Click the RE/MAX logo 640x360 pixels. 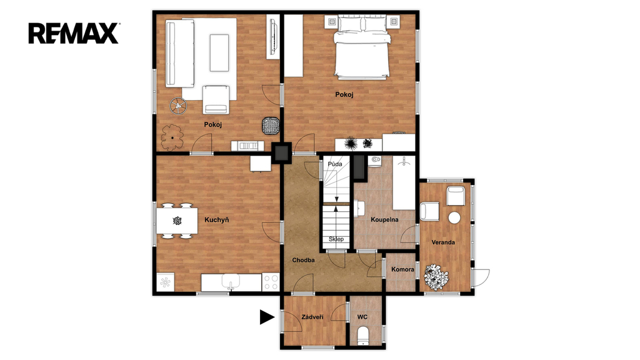74,33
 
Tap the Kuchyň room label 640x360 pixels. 216,220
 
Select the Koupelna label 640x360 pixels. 384,219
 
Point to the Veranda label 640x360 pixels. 443,242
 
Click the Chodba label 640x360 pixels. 303,260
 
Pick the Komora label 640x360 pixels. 402,269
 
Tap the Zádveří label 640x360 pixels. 312,317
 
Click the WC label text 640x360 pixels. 362,317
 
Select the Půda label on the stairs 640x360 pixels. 335,164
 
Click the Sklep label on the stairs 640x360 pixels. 336,239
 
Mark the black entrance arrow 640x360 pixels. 267,317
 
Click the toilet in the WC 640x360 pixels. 363,336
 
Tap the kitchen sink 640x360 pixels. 231,282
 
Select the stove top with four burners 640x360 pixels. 270,282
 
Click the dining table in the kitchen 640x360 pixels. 177,221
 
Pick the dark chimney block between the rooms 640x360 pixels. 282,152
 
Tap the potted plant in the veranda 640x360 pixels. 436,277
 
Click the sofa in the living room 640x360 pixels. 179,54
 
